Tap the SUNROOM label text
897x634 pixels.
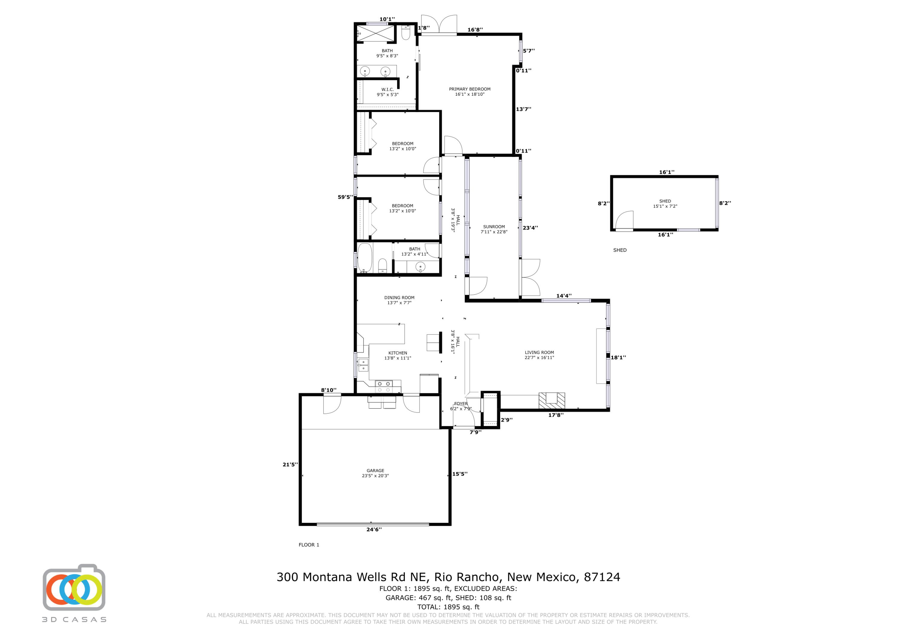494,227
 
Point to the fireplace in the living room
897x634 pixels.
552,401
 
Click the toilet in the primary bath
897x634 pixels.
405,33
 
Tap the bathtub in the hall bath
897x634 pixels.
364,258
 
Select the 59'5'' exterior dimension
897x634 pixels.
345,197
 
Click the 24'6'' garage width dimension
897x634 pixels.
374,530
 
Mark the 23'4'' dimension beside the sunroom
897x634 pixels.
530,228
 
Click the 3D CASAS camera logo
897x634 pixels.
74,588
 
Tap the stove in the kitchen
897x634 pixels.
384,387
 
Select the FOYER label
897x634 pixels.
461,404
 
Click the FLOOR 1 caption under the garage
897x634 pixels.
309,545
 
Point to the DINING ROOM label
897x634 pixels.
399,298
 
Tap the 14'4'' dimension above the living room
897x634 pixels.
564,296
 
